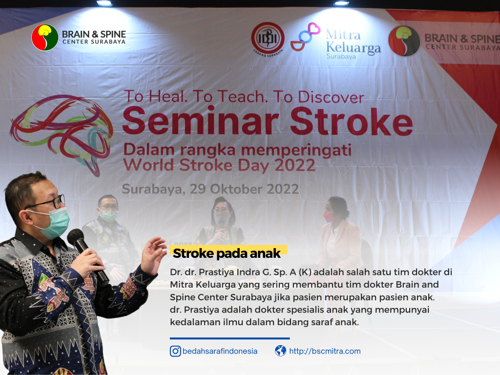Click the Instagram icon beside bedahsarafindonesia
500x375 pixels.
pyautogui.click(x=175, y=351)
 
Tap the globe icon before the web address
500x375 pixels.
pyautogui.click(x=280, y=351)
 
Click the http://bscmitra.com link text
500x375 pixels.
pyautogui.click(x=325, y=351)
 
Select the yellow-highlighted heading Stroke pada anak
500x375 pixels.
pyautogui.click(x=227, y=253)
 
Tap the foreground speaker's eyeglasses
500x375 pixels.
pyautogui.click(x=49, y=202)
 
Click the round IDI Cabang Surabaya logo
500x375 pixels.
pyautogui.click(x=268, y=39)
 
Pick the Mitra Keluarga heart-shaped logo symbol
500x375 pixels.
pyautogui.click(x=306, y=37)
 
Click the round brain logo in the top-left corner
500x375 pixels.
pyautogui.click(x=45, y=38)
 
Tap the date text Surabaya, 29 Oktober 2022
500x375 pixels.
pyautogui.click(x=210, y=189)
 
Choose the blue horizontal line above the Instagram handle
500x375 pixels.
pyautogui.click(x=229, y=338)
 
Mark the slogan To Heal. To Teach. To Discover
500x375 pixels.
pyautogui.click(x=243, y=96)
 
